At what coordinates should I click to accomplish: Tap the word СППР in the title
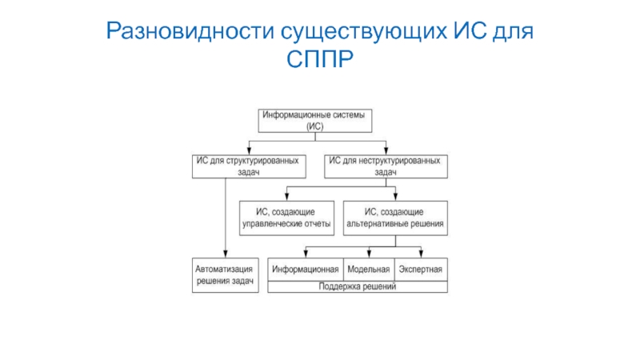pos(320,60)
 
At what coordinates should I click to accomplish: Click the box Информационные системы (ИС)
pos(318,121)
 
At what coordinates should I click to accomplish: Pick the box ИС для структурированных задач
pos(249,166)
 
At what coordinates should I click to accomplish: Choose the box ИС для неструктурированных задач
pos(386,166)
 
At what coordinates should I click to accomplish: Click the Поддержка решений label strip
pos(357,286)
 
